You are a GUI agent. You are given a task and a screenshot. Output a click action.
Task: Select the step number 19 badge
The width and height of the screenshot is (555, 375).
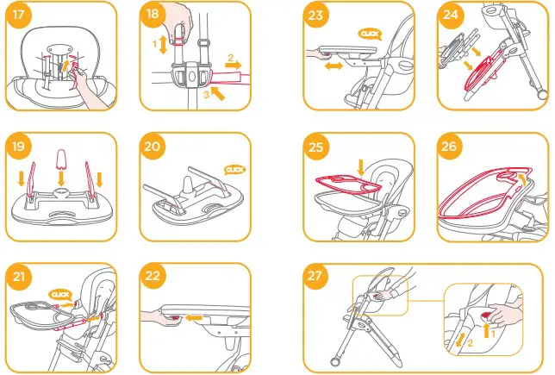(18, 146)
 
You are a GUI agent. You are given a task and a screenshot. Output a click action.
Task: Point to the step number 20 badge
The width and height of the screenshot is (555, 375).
(153, 146)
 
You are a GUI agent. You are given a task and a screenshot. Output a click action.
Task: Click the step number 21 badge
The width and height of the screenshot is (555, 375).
(18, 277)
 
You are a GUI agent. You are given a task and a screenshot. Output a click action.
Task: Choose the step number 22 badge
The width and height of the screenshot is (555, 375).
(153, 277)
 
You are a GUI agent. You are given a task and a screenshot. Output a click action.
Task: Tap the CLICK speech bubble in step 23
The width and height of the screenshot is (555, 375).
(370, 34)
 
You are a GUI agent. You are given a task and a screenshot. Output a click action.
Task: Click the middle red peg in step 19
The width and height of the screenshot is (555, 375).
(61, 159)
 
